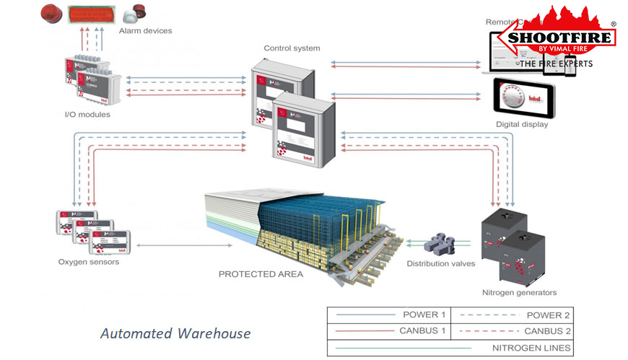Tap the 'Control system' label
tap(292, 48)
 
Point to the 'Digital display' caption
tap(522, 124)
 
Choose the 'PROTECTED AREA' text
tap(261, 274)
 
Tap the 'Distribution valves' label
tap(441, 263)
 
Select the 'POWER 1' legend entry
tap(418, 315)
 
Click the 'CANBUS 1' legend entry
tap(418, 331)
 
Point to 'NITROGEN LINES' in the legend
tap(532, 348)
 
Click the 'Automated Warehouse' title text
tap(175, 333)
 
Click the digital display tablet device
tap(524, 97)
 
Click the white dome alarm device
tap(134, 14)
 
